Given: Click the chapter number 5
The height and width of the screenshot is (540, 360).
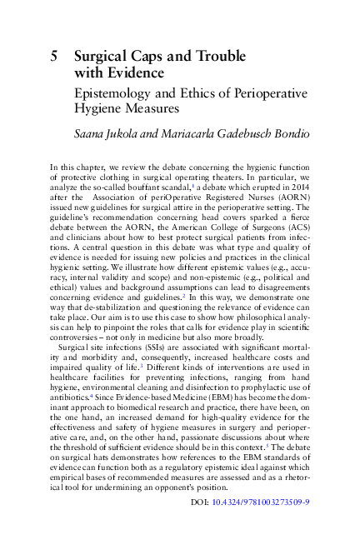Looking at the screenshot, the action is click(54, 56).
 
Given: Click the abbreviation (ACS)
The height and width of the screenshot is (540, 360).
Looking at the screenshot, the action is click(297, 236).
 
